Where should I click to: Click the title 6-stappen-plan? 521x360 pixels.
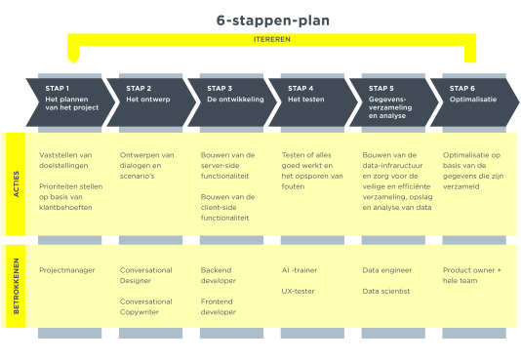point(272,20)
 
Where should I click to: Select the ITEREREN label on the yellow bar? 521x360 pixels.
point(272,40)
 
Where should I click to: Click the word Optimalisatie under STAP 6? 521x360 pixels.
point(471,100)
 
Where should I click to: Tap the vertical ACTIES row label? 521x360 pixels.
point(16,183)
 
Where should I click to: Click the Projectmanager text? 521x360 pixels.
point(65,269)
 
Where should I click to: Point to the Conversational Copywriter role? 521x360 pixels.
point(145,308)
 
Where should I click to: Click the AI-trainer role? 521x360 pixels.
point(301,269)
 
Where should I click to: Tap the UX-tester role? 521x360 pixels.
point(299,292)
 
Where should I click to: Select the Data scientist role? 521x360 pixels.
point(385,292)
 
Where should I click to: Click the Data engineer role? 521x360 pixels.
point(385,269)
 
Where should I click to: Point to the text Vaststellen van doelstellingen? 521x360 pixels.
point(66,160)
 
